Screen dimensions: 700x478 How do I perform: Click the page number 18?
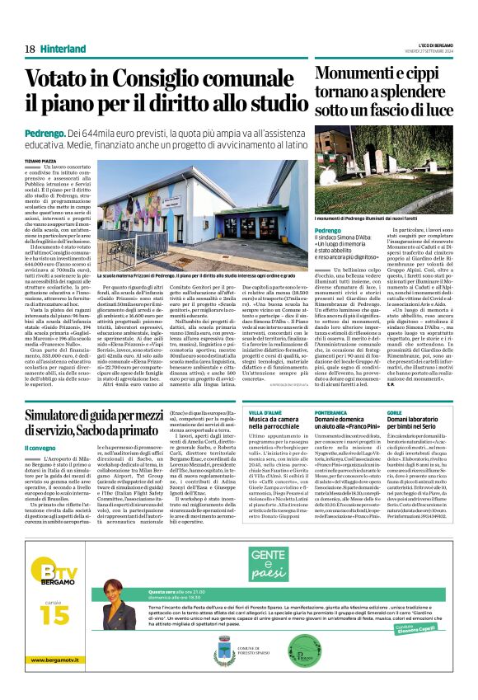pyautogui.click(x=30, y=48)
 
